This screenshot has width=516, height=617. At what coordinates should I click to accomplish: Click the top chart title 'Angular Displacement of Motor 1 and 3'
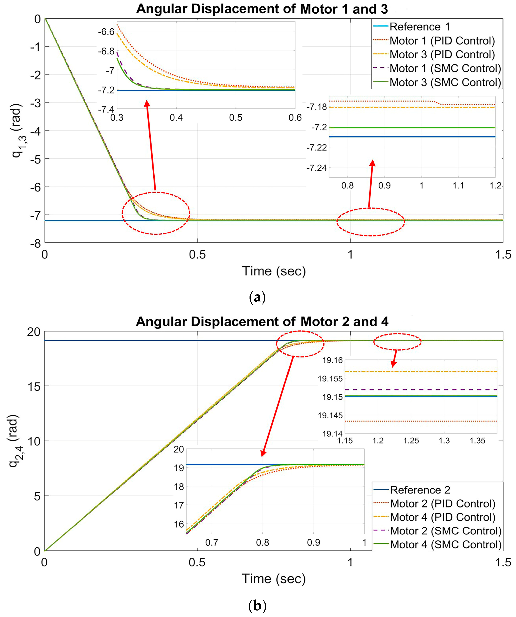pyautogui.click(x=262, y=9)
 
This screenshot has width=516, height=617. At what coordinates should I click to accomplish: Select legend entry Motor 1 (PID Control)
pyautogui.click(x=442, y=41)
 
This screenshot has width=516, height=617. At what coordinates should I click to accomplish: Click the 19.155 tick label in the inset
pyautogui.click(x=330, y=378)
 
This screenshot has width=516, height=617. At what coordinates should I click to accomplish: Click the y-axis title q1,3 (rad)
pyautogui.click(x=17, y=131)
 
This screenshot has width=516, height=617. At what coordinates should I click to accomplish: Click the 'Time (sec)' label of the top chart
pyautogui.click(x=274, y=271)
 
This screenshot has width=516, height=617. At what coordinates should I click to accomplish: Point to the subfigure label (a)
pyautogui.click(x=257, y=297)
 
